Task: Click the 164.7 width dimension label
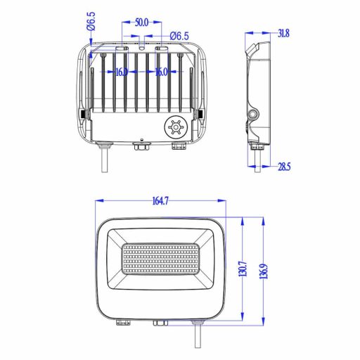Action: pos(160,201)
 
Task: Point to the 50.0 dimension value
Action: pos(141,22)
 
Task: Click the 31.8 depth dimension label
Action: pos(283,32)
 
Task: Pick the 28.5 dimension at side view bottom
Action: pos(283,166)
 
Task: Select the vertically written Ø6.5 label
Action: pos(91,21)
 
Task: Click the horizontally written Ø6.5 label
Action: pos(179,35)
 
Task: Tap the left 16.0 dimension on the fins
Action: pos(121,72)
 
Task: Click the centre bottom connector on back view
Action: pos(141,147)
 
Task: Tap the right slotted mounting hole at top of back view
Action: pos(161,49)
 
